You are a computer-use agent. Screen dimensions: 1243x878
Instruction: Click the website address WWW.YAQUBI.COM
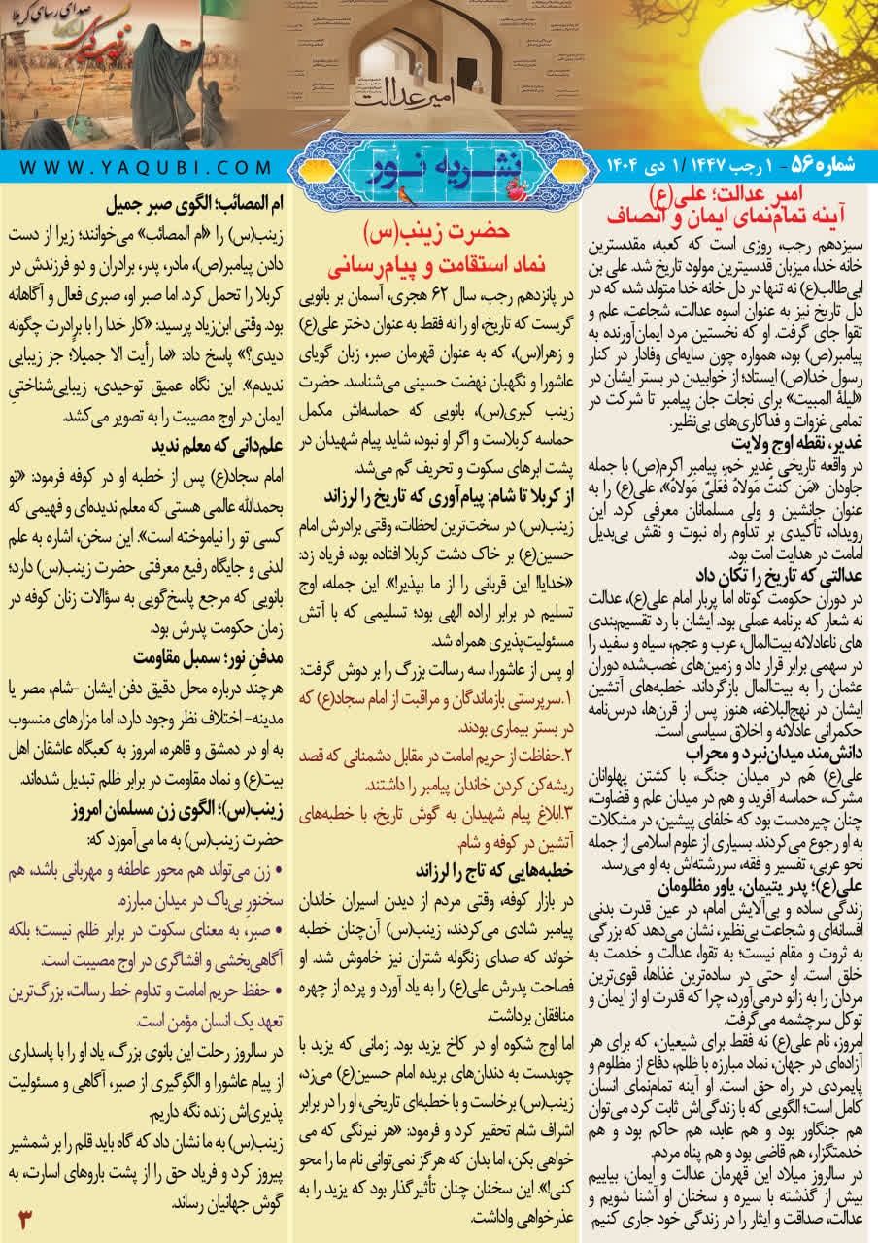(145, 166)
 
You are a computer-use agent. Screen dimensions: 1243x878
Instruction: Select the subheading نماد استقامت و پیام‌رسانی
(439, 262)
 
